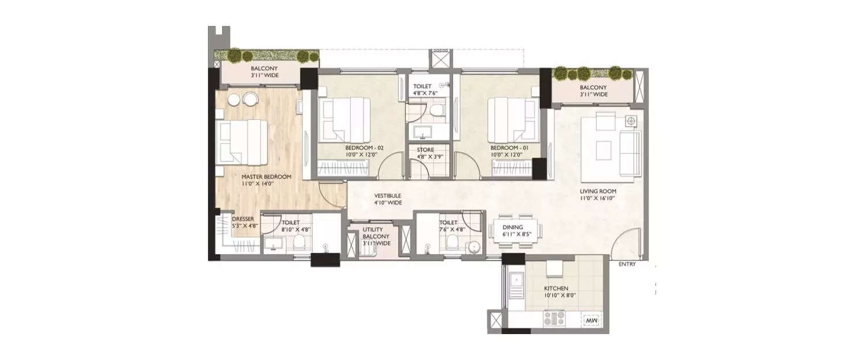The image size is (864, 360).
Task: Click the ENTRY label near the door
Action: (x=627, y=264)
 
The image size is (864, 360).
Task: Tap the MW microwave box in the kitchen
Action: (x=591, y=320)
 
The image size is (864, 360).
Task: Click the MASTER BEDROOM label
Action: (x=266, y=176)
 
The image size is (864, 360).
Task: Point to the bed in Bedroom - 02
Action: (x=344, y=118)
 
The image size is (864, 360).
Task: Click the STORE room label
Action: (x=426, y=150)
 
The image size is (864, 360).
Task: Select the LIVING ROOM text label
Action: (x=598, y=191)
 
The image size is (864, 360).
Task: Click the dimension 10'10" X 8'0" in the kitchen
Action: (x=556, y=295)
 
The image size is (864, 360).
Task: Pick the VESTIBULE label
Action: (x=387, y=195)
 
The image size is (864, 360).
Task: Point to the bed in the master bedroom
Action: (x=242, y=141)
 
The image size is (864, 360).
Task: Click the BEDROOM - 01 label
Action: (x=506, y=147)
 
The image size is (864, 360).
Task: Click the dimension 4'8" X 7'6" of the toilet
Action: (x=426, y=93)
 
